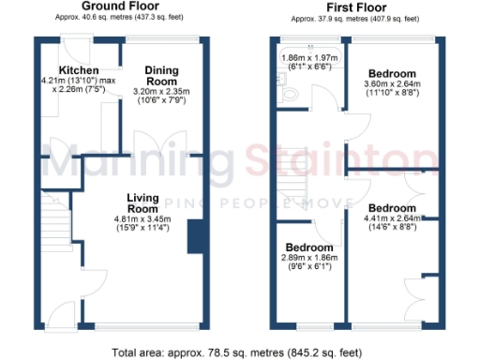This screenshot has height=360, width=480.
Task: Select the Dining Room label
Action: click(161, 75)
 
